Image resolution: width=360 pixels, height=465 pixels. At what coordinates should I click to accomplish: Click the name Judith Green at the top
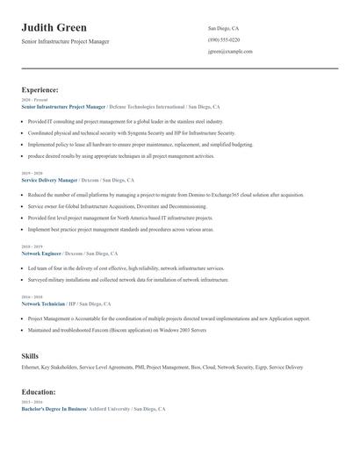[x=54, y=28]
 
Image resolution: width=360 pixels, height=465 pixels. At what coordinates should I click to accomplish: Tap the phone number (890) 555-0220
[x=224, y=39]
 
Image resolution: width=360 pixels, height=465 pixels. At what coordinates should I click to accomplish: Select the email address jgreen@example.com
[x=230, y=51]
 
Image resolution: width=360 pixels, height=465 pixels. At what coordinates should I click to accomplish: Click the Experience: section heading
[x=40, y=89]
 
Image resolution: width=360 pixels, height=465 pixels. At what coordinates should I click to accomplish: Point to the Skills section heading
[x=30, y=356]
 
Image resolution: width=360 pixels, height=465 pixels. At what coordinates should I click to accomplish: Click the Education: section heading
[x=39, y=392]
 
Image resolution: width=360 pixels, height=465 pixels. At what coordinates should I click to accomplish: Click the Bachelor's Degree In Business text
[x=54, y=410]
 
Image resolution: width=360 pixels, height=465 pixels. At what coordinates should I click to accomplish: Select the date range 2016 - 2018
[x=31, y=297]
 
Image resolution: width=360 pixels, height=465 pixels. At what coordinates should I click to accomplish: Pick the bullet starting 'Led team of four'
[x=126, y=268]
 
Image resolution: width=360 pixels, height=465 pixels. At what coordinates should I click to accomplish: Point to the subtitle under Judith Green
[x=65, y=41]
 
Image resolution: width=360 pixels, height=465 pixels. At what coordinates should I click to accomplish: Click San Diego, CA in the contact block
[x=223, y=28]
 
